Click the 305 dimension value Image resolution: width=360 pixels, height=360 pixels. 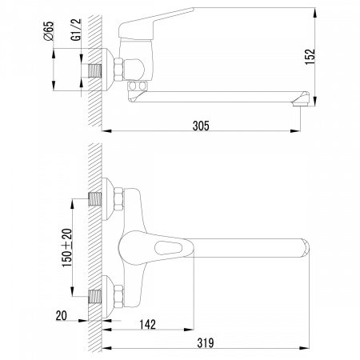(x=201, y=126)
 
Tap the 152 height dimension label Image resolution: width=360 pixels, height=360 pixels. (x=310, y=57)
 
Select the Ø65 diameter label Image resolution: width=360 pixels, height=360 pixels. (x=49, y=30)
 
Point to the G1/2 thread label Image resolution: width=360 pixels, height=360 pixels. (x=76, y=30)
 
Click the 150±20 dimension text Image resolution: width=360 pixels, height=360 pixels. (x=67, y=248)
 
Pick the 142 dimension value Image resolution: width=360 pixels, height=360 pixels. (x=147, y=325)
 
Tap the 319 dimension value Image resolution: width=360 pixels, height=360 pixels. (x=206, y=343)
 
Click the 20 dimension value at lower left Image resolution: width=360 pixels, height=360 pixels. (x=62, y=316)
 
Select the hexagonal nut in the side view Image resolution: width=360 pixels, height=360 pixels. (x=118, y=69)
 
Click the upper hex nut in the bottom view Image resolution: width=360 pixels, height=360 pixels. (x=118, y=199)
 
